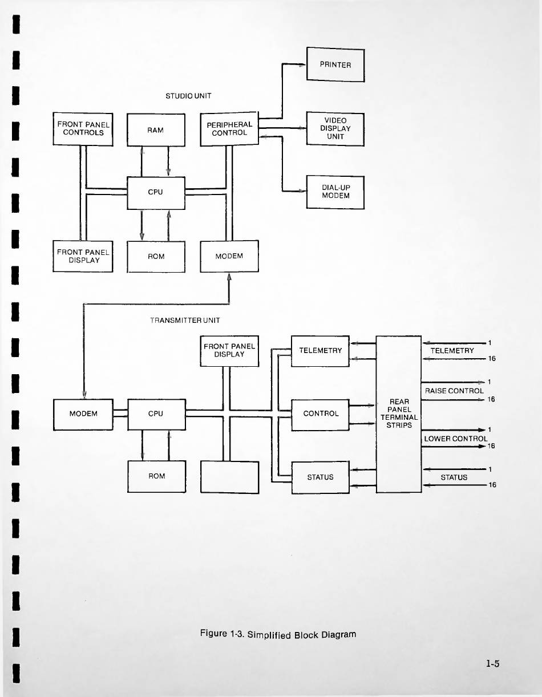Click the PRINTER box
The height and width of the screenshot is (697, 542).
(x=335, y=64)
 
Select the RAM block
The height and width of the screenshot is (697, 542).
(x=156, y=130)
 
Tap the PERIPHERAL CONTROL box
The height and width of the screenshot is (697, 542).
(x=229, y=129)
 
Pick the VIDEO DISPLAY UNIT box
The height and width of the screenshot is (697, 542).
(x=335, y=129)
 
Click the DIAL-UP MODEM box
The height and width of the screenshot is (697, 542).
(x=335, y=192)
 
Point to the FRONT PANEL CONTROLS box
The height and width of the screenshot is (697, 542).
(x=83, y=129)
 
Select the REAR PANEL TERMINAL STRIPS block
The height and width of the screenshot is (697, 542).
(x=399, y=414)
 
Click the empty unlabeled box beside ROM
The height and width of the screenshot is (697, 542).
(x=229, y=477)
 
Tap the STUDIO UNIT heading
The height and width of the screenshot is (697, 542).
(x=188, y=96)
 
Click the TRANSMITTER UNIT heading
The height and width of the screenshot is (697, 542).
(x=185, y=320)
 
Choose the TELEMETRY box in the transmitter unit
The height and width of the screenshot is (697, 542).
(x=320, y=351)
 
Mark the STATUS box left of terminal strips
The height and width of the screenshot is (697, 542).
(x=321, y=477)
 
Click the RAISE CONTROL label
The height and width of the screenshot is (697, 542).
(x=454, y=391)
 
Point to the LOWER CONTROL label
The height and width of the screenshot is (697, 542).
(x=455, y=439)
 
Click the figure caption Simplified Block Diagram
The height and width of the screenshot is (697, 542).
(x=278, y=634)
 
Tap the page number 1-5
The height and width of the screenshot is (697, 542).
(x=492, y=663)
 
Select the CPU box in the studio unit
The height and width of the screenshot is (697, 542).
(x=156, y=193)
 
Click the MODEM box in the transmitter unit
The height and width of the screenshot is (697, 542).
(x=83, y=415)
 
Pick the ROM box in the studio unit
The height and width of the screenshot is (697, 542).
(x=156, y=257)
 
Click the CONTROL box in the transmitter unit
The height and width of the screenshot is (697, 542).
(x=320, y=415)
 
